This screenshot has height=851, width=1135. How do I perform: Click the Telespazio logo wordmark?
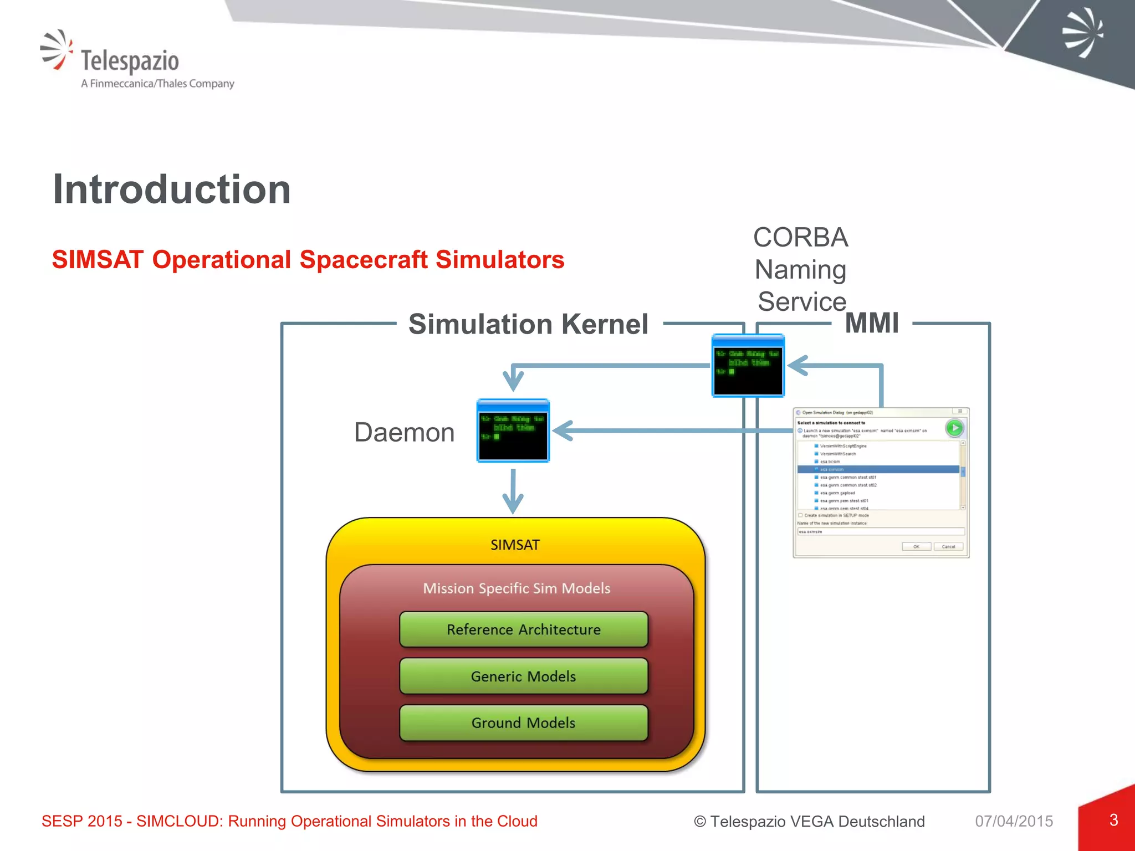coord(130,60)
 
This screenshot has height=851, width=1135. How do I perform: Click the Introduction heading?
coord(172,189)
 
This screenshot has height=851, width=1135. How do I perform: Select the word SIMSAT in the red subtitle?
coord(98,260)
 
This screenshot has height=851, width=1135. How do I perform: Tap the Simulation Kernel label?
coord(528,324)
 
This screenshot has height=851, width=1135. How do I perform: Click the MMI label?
coord(872,323)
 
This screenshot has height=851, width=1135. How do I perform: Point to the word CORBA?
coord(800,238)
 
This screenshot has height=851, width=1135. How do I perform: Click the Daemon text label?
coord(404,433)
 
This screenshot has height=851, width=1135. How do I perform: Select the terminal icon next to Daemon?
coord(513,431)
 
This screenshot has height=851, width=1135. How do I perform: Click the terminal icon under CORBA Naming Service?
coord(748,366)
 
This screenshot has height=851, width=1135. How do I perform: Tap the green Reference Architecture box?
coord(524,630)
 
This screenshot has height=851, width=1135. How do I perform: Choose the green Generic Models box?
coord(524,676)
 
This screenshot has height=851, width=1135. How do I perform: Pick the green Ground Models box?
coord(524,723)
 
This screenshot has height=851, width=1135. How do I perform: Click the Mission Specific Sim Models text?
coord(517,588)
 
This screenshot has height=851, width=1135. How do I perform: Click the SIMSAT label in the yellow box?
coord(515,545)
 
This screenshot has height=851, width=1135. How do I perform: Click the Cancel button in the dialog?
coord(948,547)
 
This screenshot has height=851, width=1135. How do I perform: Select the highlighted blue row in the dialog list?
coord(878,469)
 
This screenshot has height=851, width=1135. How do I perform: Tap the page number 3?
coord(1113,820)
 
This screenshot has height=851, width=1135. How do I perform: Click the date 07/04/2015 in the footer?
coord(1014,821)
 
